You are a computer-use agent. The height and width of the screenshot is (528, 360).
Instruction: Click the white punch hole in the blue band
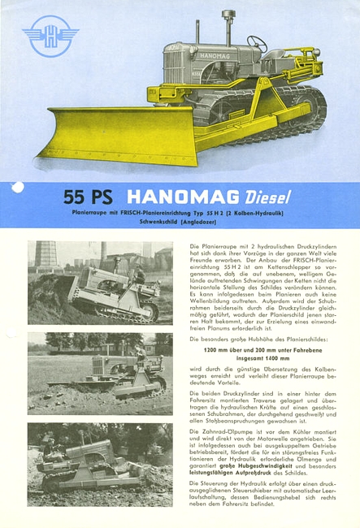coord(17,188)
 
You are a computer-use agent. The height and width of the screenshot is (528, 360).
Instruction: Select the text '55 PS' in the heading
coord(86,197)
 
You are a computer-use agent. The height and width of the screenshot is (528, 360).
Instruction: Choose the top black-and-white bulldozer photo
coord(100,281)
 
